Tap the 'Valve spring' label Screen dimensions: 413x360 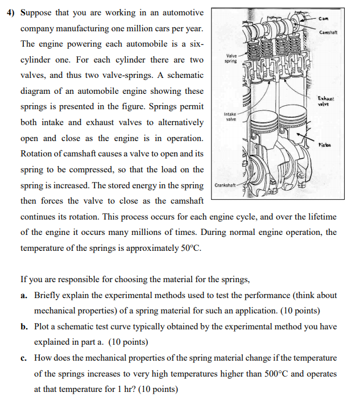tap(231, 58)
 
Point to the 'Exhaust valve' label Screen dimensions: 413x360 tap(326, 101)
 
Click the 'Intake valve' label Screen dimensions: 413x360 tap(230, 117)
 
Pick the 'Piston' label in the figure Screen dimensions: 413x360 tap(326, 145)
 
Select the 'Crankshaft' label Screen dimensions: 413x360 tap(225, 185)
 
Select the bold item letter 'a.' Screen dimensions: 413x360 tap(24, 296)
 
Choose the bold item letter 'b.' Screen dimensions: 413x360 tap(24, 327)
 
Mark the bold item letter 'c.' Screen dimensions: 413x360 tap(24, 358)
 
